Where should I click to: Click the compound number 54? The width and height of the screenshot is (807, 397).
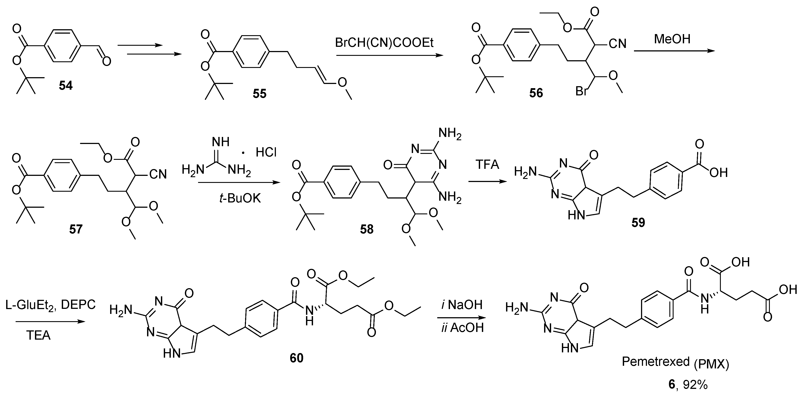point(66,86)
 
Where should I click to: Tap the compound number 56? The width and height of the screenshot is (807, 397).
point(536,93)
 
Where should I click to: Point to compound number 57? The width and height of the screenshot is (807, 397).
point(76,229)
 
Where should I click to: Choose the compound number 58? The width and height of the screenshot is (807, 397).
point(367,229)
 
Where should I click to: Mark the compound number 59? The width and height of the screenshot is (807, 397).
point(638,222)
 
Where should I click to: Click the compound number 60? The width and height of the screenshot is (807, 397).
point(296,358)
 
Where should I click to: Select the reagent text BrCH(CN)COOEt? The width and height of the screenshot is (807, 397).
point(384,43)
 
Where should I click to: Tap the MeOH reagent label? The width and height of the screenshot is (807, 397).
point(672,39)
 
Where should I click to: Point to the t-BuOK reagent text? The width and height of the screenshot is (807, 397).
point(240,198)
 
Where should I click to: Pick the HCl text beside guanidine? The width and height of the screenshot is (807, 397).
point(266,153)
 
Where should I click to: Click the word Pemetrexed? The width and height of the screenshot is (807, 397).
point(655,362)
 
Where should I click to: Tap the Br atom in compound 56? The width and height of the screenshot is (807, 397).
point(581,91)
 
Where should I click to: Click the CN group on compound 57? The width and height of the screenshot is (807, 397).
point(158,175)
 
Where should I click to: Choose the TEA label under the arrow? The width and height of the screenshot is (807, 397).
point(38,336)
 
